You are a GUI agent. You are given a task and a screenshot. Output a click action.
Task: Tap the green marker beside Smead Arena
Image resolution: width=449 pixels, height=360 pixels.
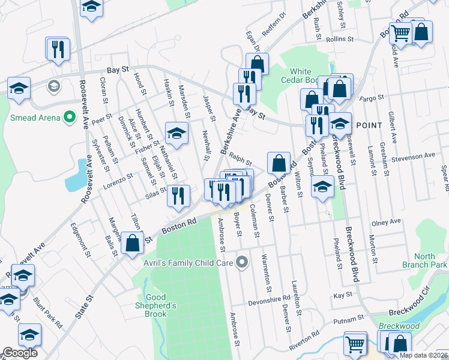[x=70, y=117]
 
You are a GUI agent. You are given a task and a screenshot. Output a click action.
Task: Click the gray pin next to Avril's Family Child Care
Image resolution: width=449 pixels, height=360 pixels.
[x=242, y=262]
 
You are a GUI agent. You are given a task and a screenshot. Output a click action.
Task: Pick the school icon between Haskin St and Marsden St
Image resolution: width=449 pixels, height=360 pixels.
[x=176, y=134]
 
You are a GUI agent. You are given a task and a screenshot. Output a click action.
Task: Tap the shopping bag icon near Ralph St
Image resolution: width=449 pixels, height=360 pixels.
[x=279, y=163]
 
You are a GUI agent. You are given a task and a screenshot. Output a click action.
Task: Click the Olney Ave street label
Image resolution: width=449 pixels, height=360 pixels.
[x=386, y=221]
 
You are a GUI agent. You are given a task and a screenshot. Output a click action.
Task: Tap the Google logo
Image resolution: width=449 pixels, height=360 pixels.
[x=20, y=353]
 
